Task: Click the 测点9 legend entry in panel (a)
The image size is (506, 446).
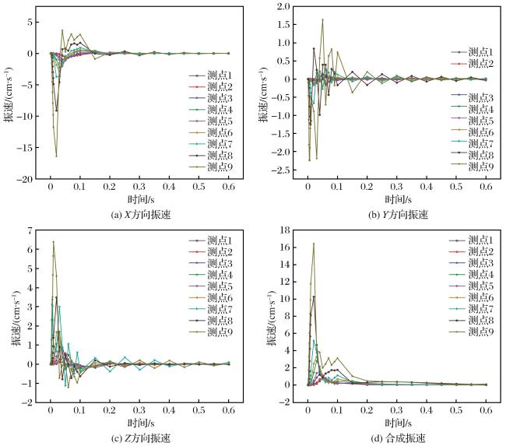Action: [210, 167]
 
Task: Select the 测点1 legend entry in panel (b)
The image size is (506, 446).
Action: [472, 52]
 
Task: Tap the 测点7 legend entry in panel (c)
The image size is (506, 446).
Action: [210, 309]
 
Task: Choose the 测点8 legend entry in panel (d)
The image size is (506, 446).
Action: [471, 320]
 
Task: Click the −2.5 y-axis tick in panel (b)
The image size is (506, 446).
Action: [282, 170]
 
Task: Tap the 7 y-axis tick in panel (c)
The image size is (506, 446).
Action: [30, 230]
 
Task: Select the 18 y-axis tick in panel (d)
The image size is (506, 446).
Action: [285, 230]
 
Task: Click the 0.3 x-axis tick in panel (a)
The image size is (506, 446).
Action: [139, 187]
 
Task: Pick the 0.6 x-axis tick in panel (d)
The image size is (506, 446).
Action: [486, 410]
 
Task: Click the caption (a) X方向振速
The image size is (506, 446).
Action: [140, 215]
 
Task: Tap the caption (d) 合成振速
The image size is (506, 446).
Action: [399, 438]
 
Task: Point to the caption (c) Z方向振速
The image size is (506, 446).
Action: [140, 438]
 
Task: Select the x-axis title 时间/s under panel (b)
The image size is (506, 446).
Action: [398, 199]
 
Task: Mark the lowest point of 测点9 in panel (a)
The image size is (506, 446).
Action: [57, 156]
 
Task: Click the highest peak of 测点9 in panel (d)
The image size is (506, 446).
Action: [314, 244]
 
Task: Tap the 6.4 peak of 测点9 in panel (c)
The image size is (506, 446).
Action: [54, 242]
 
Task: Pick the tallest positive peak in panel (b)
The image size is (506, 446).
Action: [322, 19]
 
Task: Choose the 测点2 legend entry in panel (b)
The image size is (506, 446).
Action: [472, 64]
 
